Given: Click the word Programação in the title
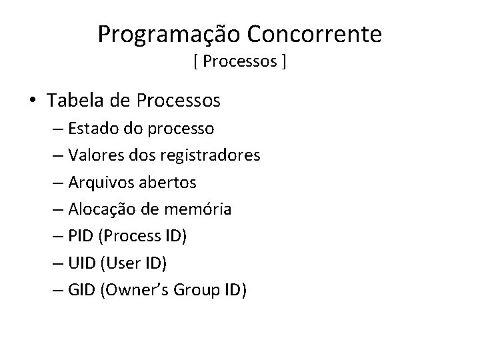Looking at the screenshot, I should [171, 34].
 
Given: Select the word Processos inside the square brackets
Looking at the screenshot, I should [241, 63].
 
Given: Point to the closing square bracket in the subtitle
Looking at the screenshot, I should [285, 63].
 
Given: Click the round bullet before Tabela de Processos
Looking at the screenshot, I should [33, 101].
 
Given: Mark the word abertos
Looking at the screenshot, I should [172, 182].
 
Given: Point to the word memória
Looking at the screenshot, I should [201, 209].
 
